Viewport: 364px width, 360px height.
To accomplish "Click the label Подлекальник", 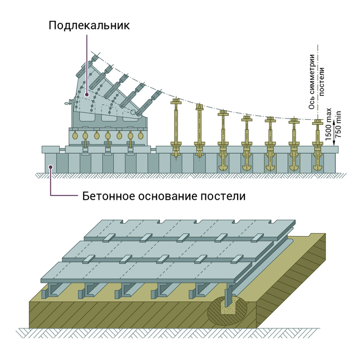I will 89,25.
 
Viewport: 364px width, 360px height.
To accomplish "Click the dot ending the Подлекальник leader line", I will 94,95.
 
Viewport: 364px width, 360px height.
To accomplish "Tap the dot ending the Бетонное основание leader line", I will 50,168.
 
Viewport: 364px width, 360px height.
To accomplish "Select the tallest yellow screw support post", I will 175,127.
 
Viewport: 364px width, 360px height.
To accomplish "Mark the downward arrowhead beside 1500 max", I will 328,142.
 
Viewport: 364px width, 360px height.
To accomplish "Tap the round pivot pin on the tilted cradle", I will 134,112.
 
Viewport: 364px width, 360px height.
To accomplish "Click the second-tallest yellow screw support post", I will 199,130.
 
